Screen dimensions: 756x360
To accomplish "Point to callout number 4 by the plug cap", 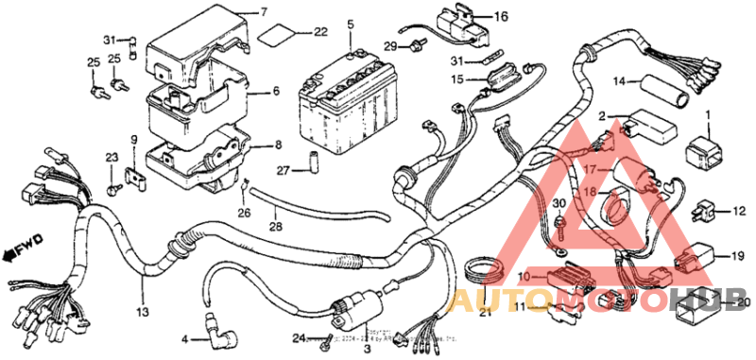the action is click(x=184, y=339).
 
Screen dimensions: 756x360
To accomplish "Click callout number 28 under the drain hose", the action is click(x=276, y=225).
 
